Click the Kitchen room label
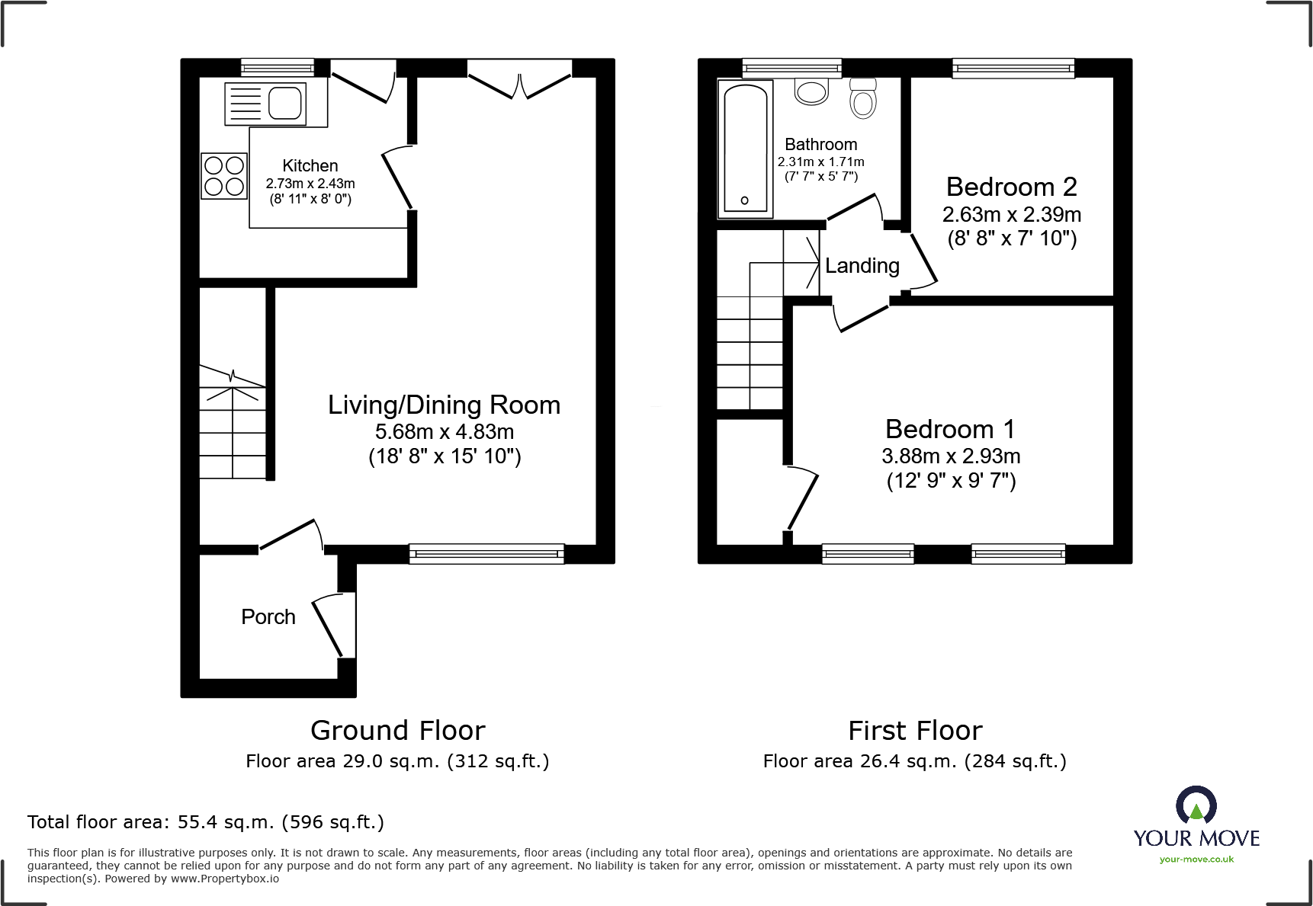(x=310, y=165)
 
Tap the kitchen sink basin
(x=284, y=104)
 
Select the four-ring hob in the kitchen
(x=224, y=176)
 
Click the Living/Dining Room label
(x=444, y=405)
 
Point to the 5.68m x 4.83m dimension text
(x=444, y=431)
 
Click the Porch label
(x=268, y=616)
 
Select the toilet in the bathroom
(x=863, y=99)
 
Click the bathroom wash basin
(x=811, y=91)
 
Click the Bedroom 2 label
(x=1011, y=187)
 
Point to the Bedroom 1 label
(x=950, y=429)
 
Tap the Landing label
(x=862, y=265)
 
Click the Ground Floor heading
(x=397, y=730)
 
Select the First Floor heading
(x=915, y=730)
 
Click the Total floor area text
(x=206, y=822)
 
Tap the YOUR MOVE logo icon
(x=1196, y=805)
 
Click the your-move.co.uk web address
(x=1196, y=860)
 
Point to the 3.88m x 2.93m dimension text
(x=950, y=456)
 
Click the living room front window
(x=486, y=554)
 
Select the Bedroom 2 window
(x=1013, y=69)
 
